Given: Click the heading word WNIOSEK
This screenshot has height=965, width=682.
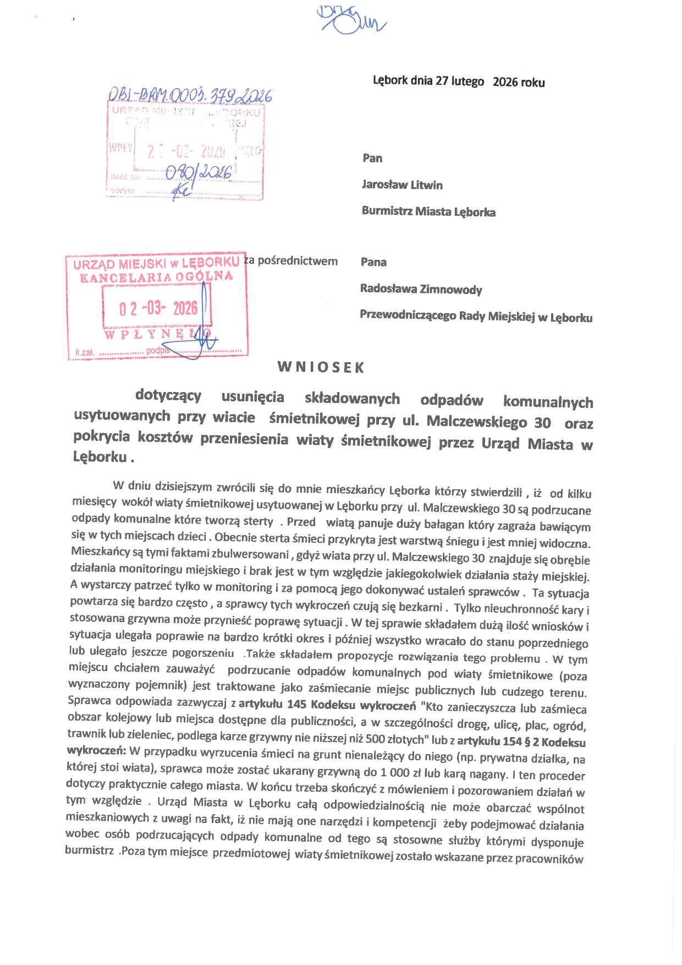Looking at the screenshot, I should [321, 367].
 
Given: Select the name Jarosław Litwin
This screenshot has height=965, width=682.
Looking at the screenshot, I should [402, 185].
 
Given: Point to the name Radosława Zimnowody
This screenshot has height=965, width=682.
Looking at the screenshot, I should [421, 289].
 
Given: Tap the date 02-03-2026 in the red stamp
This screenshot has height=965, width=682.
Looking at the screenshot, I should [158, 308].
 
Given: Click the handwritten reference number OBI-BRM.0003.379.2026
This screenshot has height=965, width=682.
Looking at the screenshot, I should [190, 96].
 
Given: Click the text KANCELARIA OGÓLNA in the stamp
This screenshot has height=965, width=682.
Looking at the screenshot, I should [156, 277].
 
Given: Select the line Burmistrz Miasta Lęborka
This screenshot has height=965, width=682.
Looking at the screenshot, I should [428, 211].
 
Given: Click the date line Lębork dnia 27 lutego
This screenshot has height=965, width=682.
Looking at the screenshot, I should [428, 81].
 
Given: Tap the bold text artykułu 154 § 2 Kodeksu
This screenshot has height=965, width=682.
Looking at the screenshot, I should [521, 742].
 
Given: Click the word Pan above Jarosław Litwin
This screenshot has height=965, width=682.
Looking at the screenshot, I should [372, 159].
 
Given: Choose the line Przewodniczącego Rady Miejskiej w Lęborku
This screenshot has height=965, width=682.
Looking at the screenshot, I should [476, 317].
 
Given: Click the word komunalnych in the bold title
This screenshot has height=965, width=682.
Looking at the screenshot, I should [548, 402].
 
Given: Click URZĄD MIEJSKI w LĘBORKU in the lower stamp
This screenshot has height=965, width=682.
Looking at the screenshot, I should [156, 263].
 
